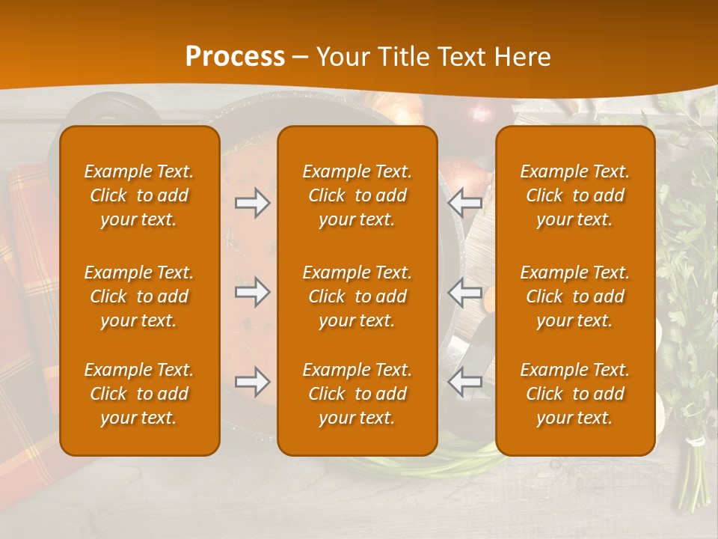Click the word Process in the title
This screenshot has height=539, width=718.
point(235,57)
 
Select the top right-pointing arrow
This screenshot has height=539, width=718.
point(253,203)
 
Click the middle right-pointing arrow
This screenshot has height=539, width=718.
point(253,292)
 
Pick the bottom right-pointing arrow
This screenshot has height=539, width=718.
point(253,382)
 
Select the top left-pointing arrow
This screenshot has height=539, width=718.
point(464,203)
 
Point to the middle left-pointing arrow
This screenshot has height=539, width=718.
point(464,292)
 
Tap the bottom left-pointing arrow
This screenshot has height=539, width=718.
point(464,382)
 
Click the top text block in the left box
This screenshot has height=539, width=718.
point(139,195)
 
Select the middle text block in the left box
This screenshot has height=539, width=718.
point(139,296)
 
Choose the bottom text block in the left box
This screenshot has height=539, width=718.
point(139,394)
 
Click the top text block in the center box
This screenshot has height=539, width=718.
point(357,195)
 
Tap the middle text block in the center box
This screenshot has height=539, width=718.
point(357,296)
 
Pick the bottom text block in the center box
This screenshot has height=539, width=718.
point(357,394)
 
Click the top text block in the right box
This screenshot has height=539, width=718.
point(574,195)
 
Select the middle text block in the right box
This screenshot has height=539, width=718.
point(574,296)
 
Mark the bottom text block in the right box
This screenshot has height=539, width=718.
point(574,394)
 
